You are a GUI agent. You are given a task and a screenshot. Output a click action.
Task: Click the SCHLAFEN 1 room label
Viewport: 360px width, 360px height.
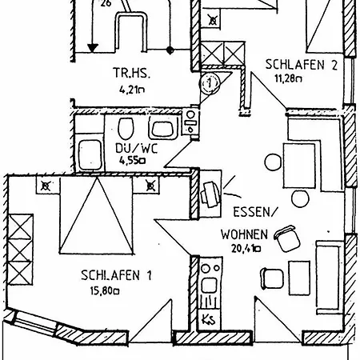pyautogui.click(x=117, y=276)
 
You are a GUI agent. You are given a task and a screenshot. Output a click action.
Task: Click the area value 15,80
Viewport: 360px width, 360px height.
pyautogui.click(x=106, y=291)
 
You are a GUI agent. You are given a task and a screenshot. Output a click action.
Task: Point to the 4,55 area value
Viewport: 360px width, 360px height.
pyautogui.click(x=133, y=160)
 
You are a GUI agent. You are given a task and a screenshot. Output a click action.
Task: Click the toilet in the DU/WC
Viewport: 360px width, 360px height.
pyautogui.click(x=126, y=130)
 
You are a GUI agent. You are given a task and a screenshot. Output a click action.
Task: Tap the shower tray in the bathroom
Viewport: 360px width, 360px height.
pyautogui.click(x=89, y=152)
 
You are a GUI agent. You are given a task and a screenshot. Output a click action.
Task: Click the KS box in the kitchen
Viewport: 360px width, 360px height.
pyautogui.click(x=209, y=321)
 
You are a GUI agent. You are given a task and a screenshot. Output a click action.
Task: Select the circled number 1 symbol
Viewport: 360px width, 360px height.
pyautogui.click(x=210, y=81)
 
